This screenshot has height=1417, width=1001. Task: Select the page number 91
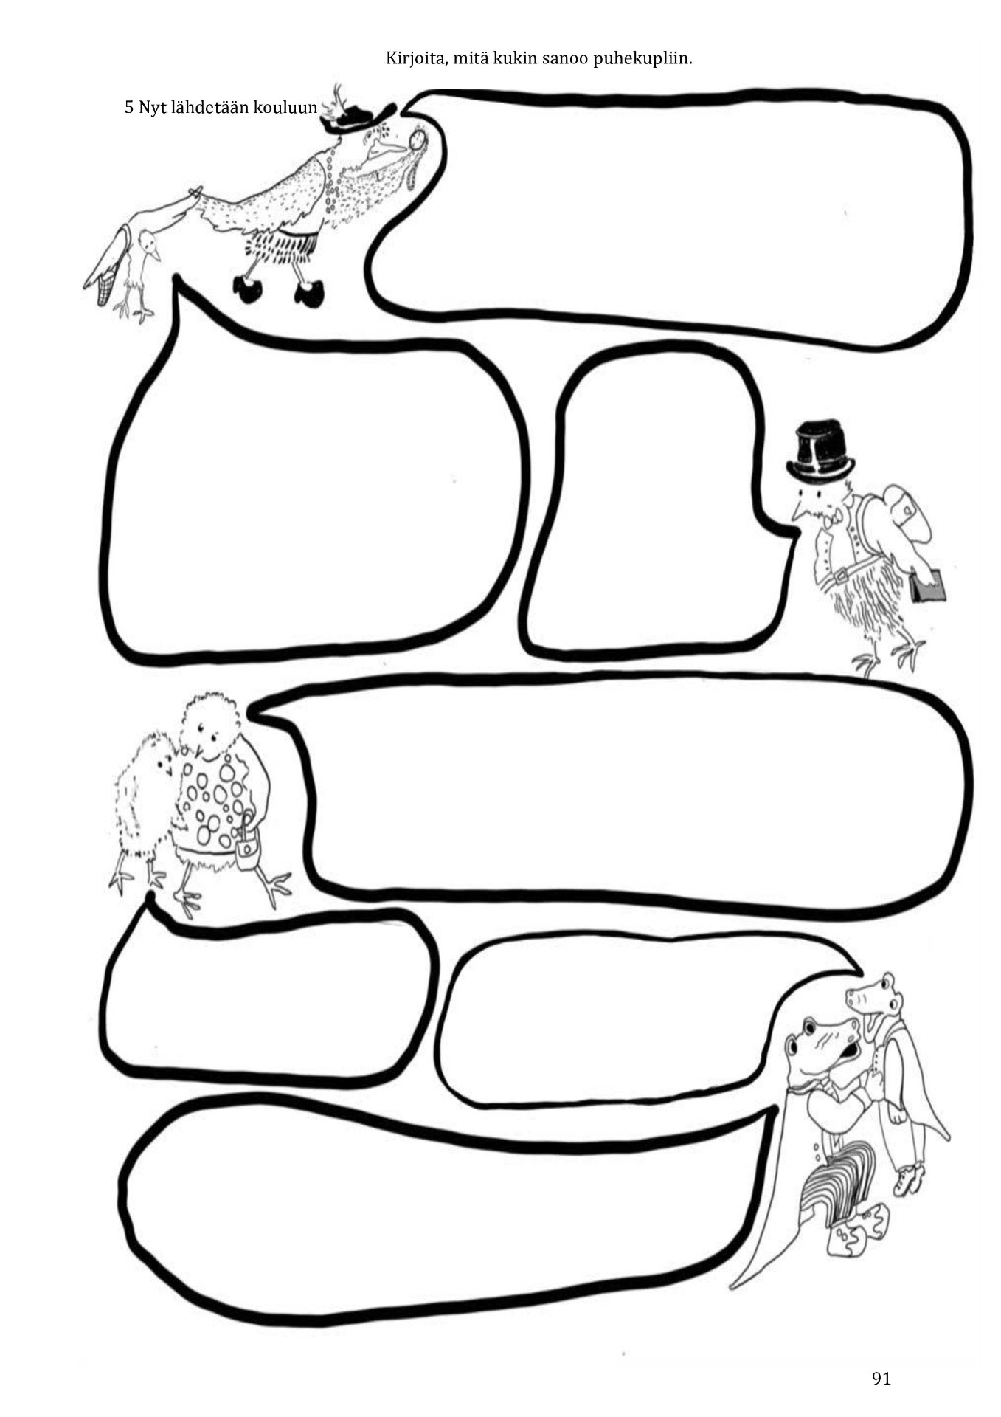(881, 1378)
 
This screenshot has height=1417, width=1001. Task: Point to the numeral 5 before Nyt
(129, 108)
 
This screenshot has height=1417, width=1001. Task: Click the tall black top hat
(820, 451)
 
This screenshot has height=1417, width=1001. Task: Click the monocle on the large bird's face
(419, 139)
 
